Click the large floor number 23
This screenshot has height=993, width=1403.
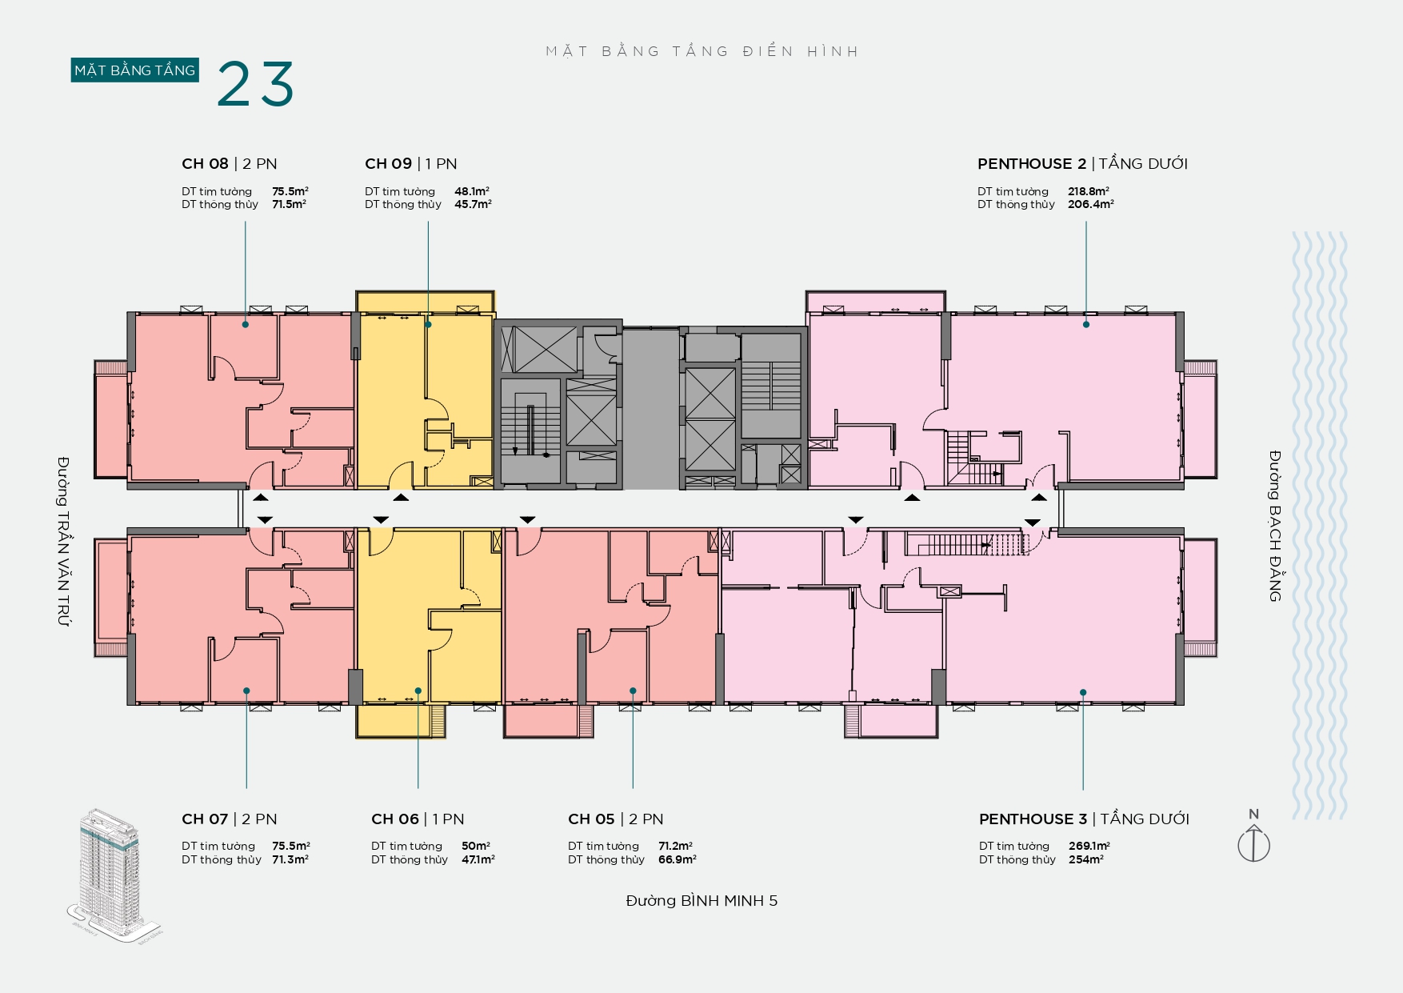click(256, 83)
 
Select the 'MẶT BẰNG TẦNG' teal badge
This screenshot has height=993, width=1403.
click(134, 70)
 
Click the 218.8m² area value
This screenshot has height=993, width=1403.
click(1089, 191)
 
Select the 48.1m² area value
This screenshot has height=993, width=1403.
click(472, 191)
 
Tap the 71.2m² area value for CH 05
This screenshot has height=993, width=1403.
click(676, 846)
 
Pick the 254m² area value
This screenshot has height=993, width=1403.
click(1086, 859)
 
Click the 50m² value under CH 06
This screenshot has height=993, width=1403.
click(476, 846)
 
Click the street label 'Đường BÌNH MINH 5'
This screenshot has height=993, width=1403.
click(701, 901)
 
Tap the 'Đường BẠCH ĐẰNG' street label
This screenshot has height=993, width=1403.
click(1275, 526)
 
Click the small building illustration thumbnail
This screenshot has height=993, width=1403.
click(114, 875)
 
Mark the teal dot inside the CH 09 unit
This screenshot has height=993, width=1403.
click(429, 324)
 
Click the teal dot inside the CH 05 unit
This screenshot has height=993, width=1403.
click(633, 691)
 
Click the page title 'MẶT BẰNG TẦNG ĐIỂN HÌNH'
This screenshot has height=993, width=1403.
click(702, 51)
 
